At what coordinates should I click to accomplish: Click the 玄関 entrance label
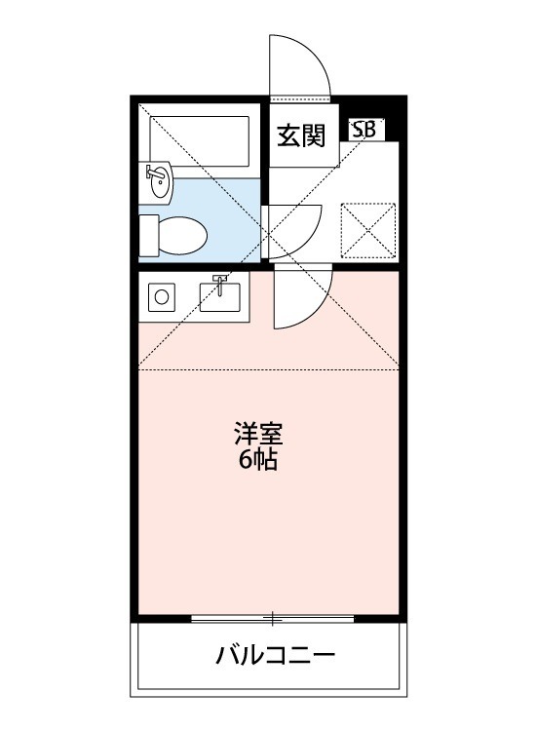[300, 136]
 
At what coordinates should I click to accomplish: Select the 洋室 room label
[258, 432]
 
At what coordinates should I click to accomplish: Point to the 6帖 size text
[258, 460]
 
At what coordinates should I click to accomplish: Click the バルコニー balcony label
[276, 654]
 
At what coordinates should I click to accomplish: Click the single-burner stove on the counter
[162, 295]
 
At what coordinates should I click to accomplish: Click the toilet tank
[148, 234]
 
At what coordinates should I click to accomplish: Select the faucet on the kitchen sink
[221, 285]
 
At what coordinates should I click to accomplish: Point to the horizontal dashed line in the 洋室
[268, 369]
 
